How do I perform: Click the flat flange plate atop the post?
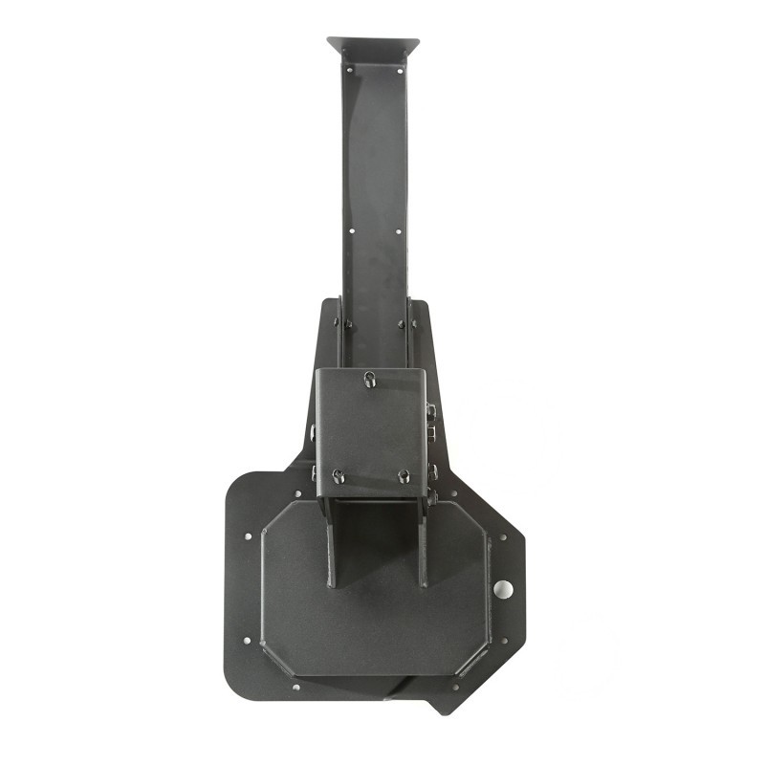click(373, 45)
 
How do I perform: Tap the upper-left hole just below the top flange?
click(349, 69)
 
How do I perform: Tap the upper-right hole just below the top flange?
click(398, 69)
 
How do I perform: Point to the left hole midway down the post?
click(350, 230)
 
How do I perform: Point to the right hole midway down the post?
click(400, 230)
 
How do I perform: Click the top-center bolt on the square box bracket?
click(370, 379)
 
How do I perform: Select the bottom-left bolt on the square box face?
click(338, 475)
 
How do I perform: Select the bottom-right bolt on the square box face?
click(404, 475)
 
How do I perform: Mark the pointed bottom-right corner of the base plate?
click(442, 710)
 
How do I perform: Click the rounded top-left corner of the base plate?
click(239, 484)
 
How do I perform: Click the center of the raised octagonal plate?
click(375, 593)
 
